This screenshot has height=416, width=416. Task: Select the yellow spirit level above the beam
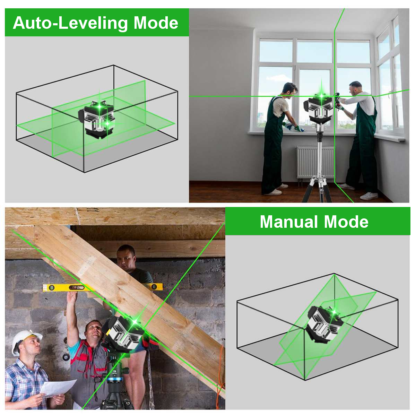102,287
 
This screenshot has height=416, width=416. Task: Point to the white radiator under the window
315,162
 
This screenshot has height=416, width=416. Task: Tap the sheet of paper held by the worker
57,388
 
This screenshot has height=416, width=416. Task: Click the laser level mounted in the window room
319,109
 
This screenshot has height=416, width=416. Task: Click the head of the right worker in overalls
355,88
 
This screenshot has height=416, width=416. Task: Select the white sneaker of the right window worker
369,196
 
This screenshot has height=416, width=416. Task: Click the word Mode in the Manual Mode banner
346,222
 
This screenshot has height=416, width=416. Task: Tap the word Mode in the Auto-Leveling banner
156,23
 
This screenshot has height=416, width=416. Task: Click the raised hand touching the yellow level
72,296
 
